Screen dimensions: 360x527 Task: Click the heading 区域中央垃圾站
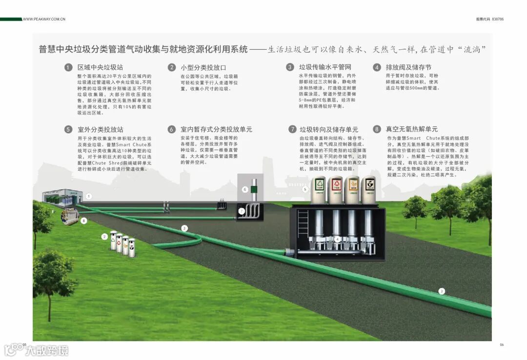[x=100, y=67]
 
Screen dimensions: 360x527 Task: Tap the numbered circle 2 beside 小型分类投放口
[x=172, y=67]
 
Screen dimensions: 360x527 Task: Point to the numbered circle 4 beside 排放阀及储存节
[x=377, y=67]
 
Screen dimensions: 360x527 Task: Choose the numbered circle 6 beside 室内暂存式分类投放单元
[x=172, y=129]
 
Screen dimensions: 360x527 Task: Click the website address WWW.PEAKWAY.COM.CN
[x=44, y=20]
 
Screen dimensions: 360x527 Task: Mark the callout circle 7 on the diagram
[x=241, y=211]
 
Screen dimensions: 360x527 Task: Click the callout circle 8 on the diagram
[x=83, y=221]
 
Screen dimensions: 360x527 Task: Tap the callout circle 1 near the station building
[x=89, y=196]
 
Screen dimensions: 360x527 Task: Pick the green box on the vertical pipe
[x=245, y=189]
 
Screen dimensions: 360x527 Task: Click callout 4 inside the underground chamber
[x=337, y=239]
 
